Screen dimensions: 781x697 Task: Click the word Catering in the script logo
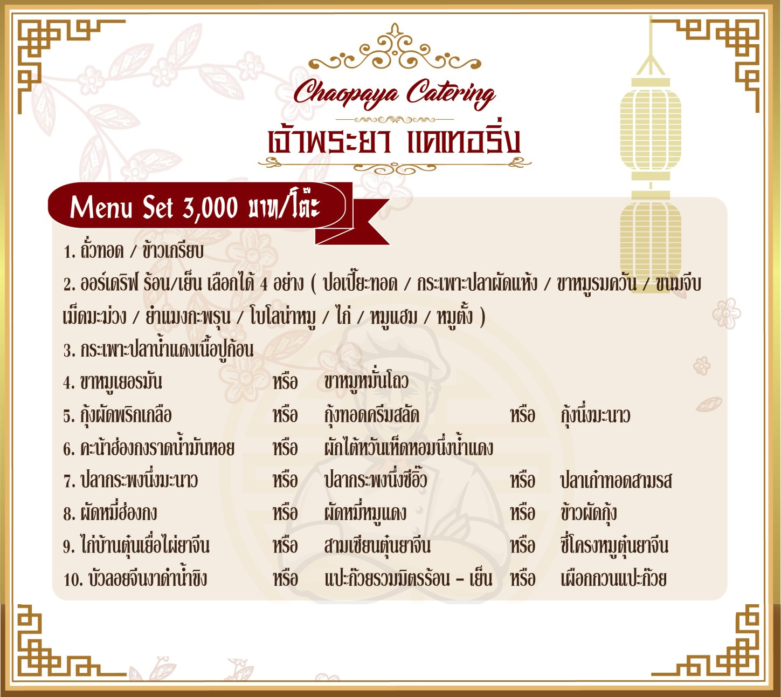click(x=450, y=93)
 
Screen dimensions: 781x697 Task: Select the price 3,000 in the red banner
click(x=211, y=208)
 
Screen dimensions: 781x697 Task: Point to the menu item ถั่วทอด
click(x=102, y=251)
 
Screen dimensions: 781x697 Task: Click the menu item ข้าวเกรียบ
click(x=172, y=251)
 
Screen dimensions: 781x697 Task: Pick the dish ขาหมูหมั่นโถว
click(x=366, y=382)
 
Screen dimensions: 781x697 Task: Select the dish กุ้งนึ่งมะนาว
click(x=595, y=415)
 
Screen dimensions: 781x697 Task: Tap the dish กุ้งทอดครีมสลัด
click(x=371, y=415)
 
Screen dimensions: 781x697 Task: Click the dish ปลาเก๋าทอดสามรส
click(x=616, y=481)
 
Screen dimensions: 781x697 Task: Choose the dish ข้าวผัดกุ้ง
click(x=588, y=513)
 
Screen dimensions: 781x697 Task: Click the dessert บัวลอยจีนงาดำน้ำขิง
click(x=148, y=578)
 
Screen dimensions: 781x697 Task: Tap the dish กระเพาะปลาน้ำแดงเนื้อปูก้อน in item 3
click(x=167, y=349)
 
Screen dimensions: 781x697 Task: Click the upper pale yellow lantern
click(x=651, y=127)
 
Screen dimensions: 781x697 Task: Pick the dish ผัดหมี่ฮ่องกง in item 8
click(x=119, y=513)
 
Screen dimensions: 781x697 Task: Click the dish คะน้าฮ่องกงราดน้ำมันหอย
click(x=157, y=448)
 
